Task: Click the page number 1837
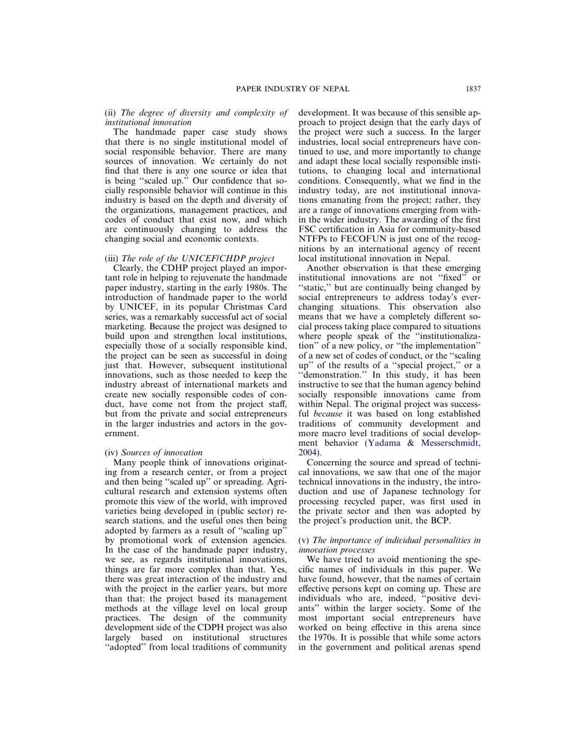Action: coord(473,89)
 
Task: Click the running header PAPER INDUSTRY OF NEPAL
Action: coord(292,89)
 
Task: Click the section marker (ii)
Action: coord(112,113)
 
